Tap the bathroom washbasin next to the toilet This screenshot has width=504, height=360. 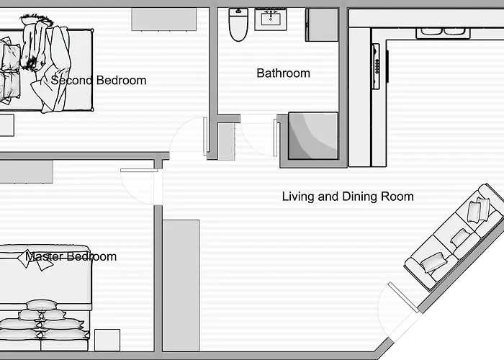[271, 19]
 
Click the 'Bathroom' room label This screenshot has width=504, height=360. [283, 73]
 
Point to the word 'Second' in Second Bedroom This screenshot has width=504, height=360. [72, 81]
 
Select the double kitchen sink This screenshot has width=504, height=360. [443, 31]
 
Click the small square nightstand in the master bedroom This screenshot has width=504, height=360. [107, 340]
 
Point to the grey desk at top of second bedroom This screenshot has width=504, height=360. [164, 20]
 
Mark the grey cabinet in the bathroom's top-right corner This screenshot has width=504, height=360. [321, 25]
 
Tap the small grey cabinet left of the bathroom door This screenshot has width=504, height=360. [227, 141]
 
